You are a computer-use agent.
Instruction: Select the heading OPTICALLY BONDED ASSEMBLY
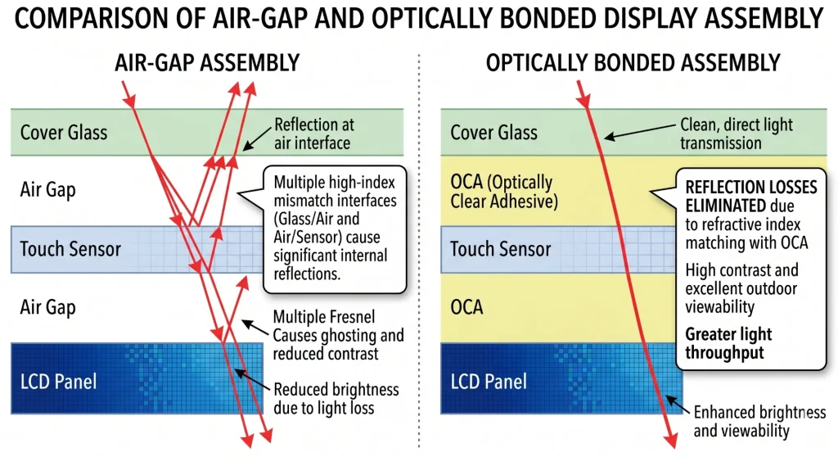point(633,62)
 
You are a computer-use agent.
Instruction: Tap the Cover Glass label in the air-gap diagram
point(63,132)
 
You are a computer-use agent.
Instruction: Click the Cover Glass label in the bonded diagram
point(494,132)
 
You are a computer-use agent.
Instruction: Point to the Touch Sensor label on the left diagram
point(70,249)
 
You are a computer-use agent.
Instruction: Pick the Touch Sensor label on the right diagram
point(502,249)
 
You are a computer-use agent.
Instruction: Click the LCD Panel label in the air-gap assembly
point(59,381)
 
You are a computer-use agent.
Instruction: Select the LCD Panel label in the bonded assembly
point(490,381)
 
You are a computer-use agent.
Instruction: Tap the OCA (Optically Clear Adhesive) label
point(502,190)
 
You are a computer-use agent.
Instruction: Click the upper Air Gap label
point(47,190)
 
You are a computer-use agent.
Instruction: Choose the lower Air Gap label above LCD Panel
point(47,308)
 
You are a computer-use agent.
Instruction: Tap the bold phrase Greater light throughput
point(728,343)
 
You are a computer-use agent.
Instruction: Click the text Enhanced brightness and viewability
point(759,421)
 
